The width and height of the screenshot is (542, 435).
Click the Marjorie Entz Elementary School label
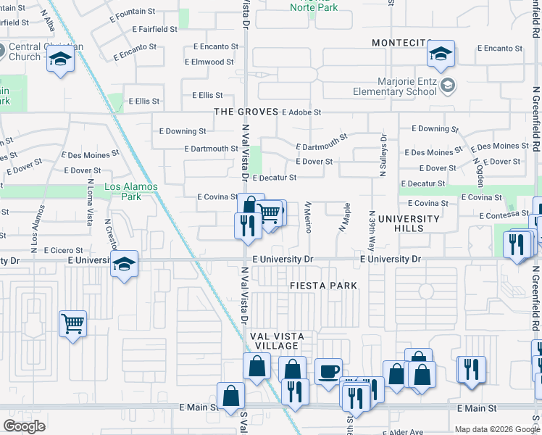tap(395, 87)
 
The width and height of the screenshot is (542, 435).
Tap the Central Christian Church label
tap(45, 52)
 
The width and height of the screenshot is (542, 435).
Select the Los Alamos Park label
tap(130, 191)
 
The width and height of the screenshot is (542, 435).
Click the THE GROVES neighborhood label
tap(246, 112)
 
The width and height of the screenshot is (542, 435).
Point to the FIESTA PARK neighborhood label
tap(323, 286)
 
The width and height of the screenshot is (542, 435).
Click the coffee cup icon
tap(328, 371)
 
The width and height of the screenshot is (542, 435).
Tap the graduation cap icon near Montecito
tap(440, 54)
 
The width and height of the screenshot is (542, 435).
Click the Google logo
tap(25, 426)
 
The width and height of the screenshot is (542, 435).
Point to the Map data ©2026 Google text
tap(491, 429)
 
